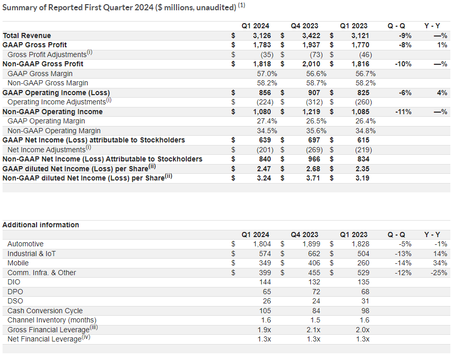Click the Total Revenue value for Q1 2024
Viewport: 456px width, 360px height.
click(262, 35)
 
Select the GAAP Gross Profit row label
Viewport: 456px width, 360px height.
click(34, 45)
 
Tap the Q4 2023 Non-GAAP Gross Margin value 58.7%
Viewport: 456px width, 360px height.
click(316, 83)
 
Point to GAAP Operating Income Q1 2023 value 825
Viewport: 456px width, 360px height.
click(363, 93)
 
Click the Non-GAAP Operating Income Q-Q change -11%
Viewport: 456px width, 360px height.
click(403, 112)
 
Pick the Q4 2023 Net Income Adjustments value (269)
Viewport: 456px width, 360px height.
click(314, 150)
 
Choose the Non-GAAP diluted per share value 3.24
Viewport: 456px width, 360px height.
click(264, 178)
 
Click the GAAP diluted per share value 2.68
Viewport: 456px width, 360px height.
click(313, 169)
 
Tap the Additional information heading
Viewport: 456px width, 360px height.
click(41, 225)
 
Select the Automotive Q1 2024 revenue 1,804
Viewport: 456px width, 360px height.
click(262, 244)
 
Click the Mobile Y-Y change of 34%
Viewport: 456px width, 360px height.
click(440, 263)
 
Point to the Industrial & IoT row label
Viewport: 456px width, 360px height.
click(31, 254)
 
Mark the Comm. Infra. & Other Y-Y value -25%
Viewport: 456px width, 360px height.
click(439, 273)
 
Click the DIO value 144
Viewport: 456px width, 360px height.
click(265, 282)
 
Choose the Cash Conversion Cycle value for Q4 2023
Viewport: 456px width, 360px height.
click(316, 311)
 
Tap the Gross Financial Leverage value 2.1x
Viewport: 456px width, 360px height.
click(313, 330)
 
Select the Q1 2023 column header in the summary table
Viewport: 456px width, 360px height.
click(354, 26)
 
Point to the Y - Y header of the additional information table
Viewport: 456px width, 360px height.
click(432, 235)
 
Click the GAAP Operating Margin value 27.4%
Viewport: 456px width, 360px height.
click(267, 121)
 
